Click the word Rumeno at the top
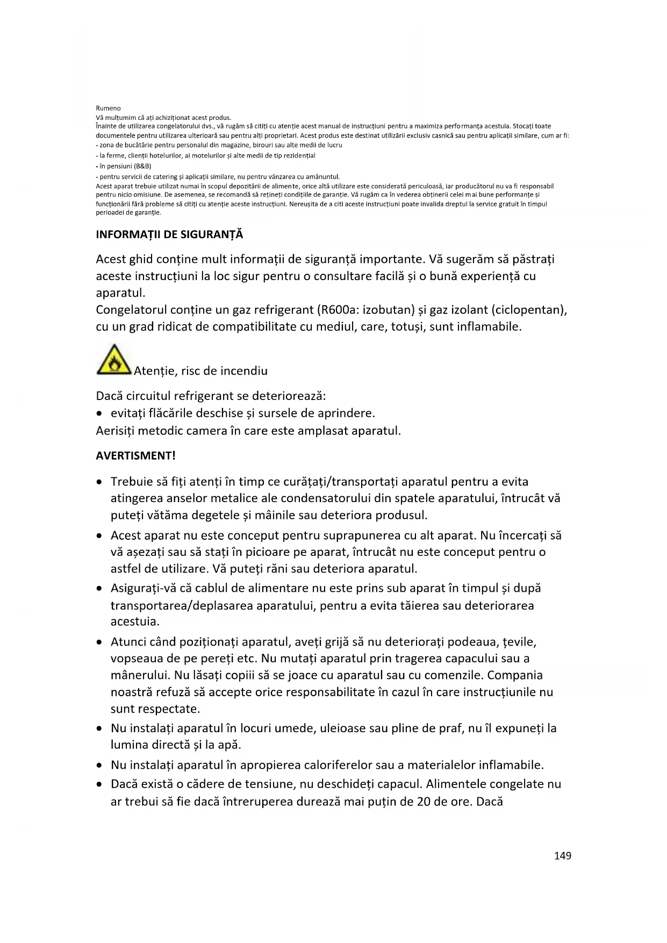pyautogui.click(x=108, y=108)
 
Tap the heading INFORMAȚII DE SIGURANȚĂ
pyautogui.click(x=169, y=234)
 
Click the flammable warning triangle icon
pyautogui.click(x=113, y=360)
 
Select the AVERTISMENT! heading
pyautogui.click(x=135, y=456)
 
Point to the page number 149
pyautogui.click(x=563, y=856)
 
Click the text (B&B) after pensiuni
pyautogui.click(x=142, y=166)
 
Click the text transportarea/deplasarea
pyautogui.click(x=182, y=605)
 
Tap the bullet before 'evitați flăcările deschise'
pyautogui.click(x=99, y=414)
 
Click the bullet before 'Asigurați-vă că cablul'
pyautogui.click(x=99, y=589)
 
